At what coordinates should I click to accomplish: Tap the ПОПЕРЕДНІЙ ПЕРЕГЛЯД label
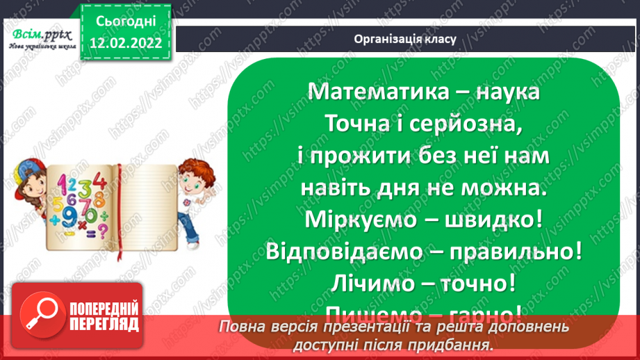point(104,316)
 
